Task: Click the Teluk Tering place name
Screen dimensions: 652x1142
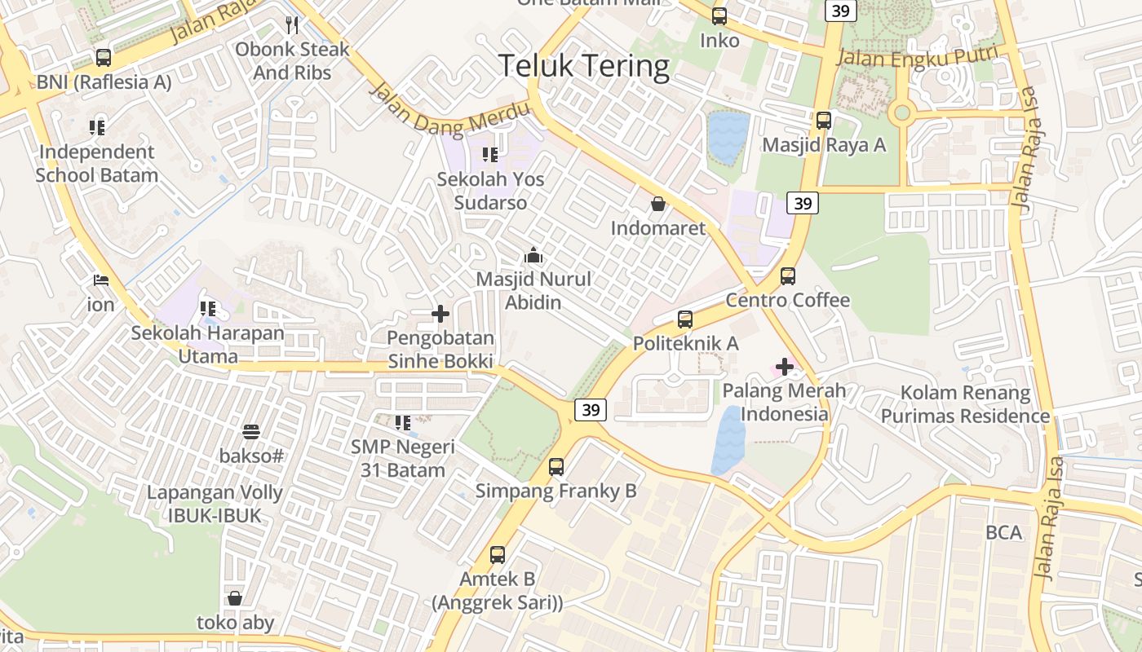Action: [x=584, y=66]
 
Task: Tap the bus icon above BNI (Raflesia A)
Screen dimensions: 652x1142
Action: [x=104, y=58]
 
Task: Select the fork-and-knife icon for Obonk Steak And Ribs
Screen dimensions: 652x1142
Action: [x=292, y=25]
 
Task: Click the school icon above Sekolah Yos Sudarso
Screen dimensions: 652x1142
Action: [x=489, y=154]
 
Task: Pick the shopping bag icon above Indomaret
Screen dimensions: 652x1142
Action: [x=657, y=204]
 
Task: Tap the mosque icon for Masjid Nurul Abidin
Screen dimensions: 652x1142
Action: [x=533, y=256]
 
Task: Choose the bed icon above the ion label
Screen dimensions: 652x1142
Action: [x=101, y=280]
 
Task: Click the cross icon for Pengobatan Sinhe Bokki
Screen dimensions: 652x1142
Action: [x=440, y=314]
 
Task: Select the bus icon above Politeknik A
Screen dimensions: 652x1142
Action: [x=685, y=319]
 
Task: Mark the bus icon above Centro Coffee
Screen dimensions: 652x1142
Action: [x=788, y=276]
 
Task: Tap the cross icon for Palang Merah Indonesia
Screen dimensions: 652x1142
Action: [x=785, y=367]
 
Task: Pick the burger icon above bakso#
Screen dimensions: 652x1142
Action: [x=251, y=432]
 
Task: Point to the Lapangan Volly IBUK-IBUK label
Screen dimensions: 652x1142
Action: [x=215, y=504]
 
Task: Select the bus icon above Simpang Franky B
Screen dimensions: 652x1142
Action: [x=556, y=467]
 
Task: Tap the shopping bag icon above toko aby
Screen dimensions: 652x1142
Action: [x=235, y=599]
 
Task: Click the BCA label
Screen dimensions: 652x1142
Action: [x=1003, y=532]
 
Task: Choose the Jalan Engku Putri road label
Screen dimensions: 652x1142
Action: [x=918, y=58]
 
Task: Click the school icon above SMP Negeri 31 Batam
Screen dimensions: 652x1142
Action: [x=402, y=423]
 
